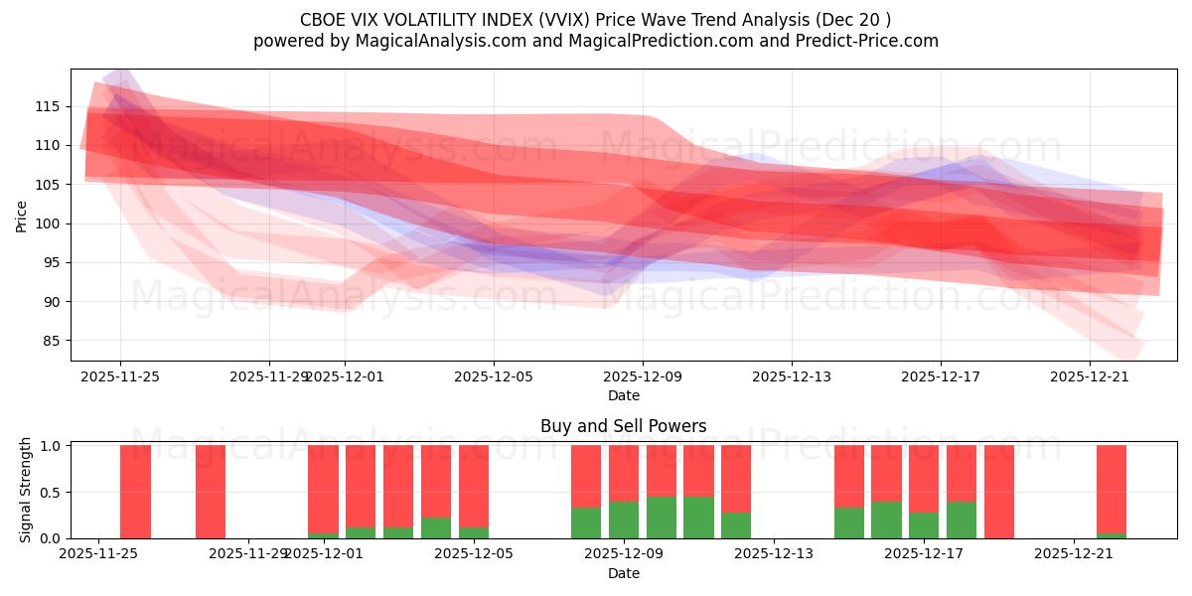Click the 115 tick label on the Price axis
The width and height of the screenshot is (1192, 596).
pyautogui.click(x=47, y=106)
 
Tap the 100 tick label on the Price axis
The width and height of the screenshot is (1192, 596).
pyautogui.click(x=47, y=223)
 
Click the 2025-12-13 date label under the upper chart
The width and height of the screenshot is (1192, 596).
pyautogui.click(x=791, y=377)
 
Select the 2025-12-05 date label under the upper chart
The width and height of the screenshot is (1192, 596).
pyautogui.click(x=494, y=377)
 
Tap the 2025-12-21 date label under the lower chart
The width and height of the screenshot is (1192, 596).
pyautogui.click(x=1074, y=554)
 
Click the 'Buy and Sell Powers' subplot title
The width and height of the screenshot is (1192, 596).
pyautogui.click(x=623, y=426)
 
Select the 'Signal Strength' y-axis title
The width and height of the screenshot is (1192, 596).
pyautogui.click(x=26, y=490)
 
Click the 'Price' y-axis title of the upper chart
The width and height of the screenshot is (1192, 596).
pyautogui.click(x=22, y=216)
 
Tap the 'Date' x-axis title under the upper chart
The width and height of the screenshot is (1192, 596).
pyautogui.click(x=623, y=395)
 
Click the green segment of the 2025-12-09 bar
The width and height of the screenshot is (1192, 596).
pyautogui.click(x=624, y=520)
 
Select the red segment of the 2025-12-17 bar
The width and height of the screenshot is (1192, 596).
pyautogui.click(x=924, y=477)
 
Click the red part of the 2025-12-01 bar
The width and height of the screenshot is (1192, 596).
pyautogui.click(x=323, y=487)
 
